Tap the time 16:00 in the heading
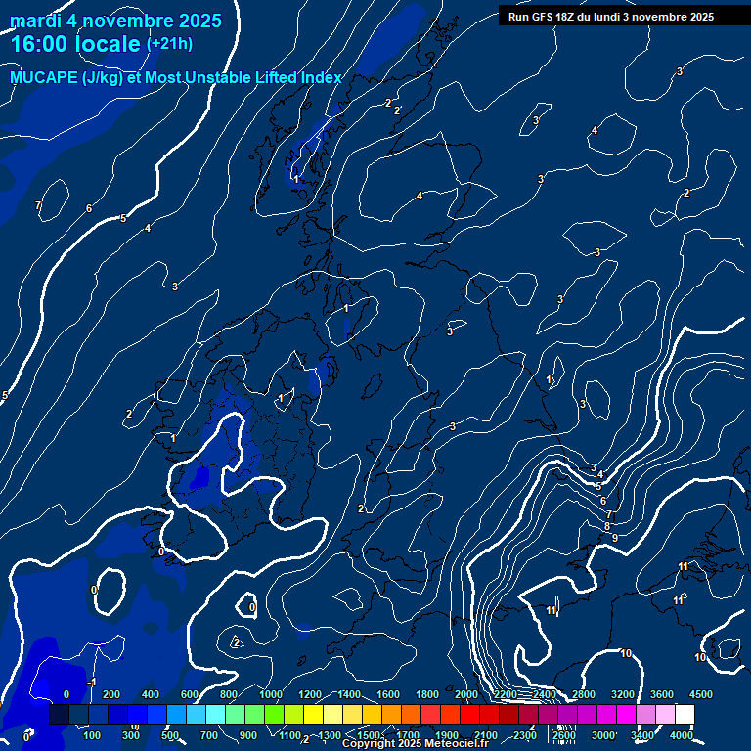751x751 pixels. [44, 44]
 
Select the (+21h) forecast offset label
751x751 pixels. [169, 44]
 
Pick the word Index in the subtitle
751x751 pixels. [319, 77]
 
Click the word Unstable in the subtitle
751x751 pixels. [207, 77]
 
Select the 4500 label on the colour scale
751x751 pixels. [701, 694]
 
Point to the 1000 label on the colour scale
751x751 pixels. [271, 694]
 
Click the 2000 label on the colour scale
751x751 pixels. [466, 694]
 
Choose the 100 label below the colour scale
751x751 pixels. [92, 735]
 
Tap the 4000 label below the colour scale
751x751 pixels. [682, 735]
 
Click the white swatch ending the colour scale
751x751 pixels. [685, 715]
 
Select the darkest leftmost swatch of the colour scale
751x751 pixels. [59, 715]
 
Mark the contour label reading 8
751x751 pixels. [607, 527]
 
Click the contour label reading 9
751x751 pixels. [614, 538]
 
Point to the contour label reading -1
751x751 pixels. [91, 682]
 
